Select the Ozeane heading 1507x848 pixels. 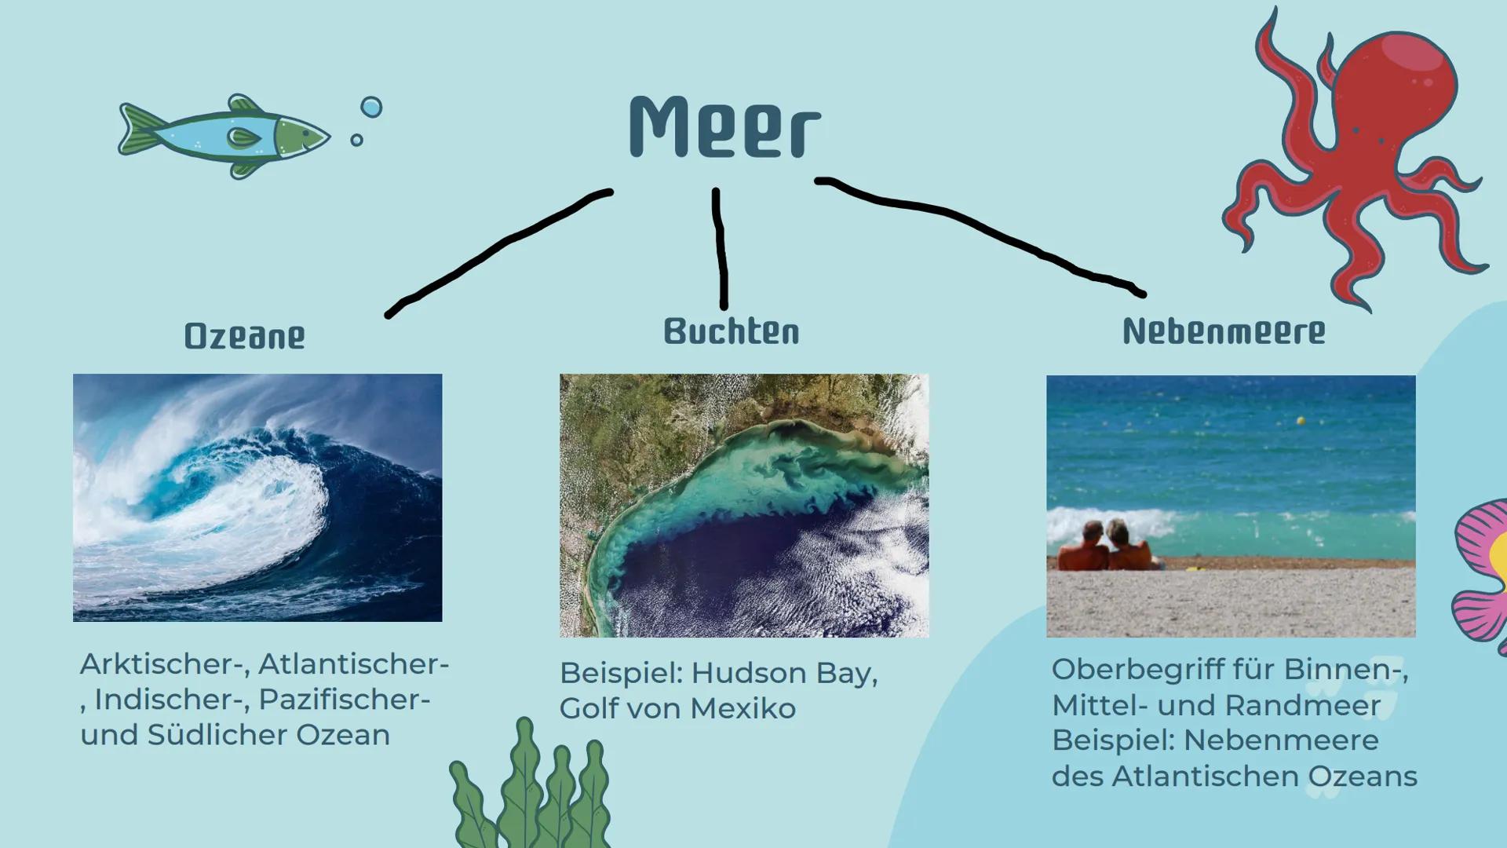pyautogui.click(x=244, y=336)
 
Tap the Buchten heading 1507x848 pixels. pyautogui.click(x=731, y=331)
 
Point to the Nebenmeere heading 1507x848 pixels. pyautogui.click(x=1223, y=331)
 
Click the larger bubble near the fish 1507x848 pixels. pyautogui.click(x=371, y=107)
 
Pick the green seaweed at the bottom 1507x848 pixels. pyautogui.click(x=534, y=793)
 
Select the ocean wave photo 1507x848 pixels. pyautogui.click(x=257, y=498)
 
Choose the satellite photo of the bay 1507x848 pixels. pyautogui.click(x=744, y=506)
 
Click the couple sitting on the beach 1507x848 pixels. pyautogui.click(x=1107, y=546)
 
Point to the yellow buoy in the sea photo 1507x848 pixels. pyautogui.click(x=1301, y=422)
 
